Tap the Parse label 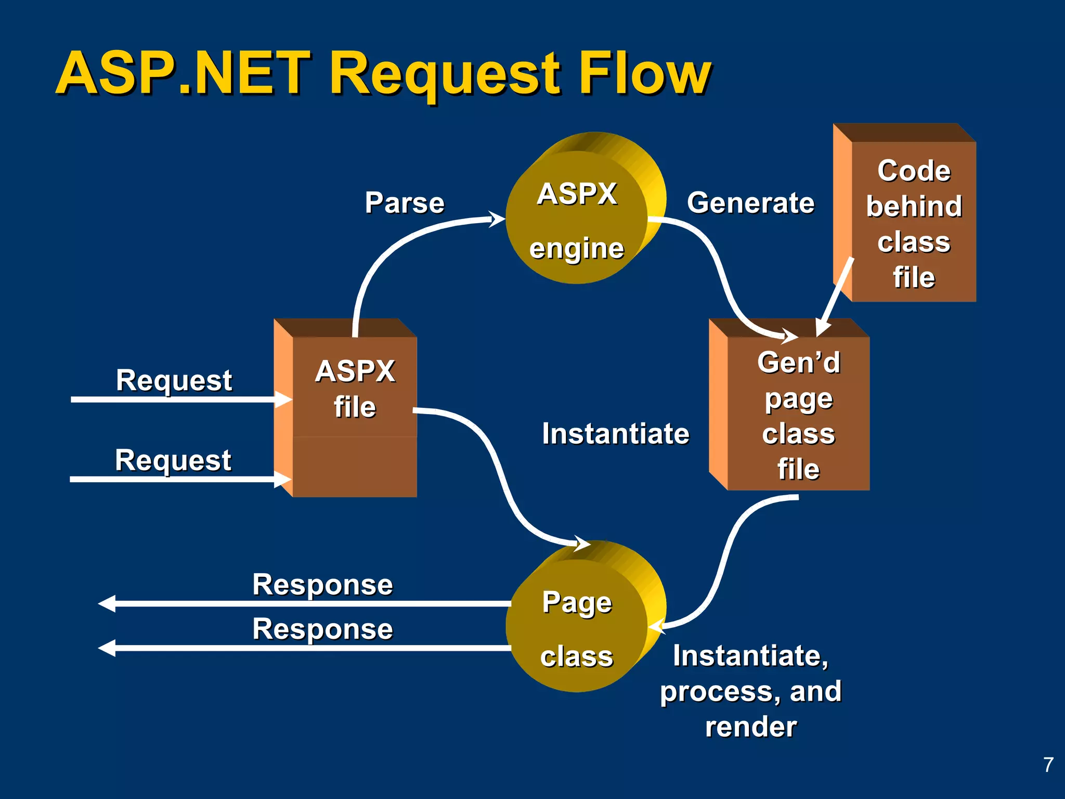[405, 202]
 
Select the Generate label [750, 202]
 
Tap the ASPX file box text [355, 389]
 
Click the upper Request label [174, 380]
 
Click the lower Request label [173, 460]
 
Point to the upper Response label [322, 584]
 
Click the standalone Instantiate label [615, 433]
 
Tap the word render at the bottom [750, 726]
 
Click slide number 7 [1048, 764]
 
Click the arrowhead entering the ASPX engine [497, 219]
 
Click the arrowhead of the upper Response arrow [107, 603]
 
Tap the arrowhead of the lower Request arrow [283, 479]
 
